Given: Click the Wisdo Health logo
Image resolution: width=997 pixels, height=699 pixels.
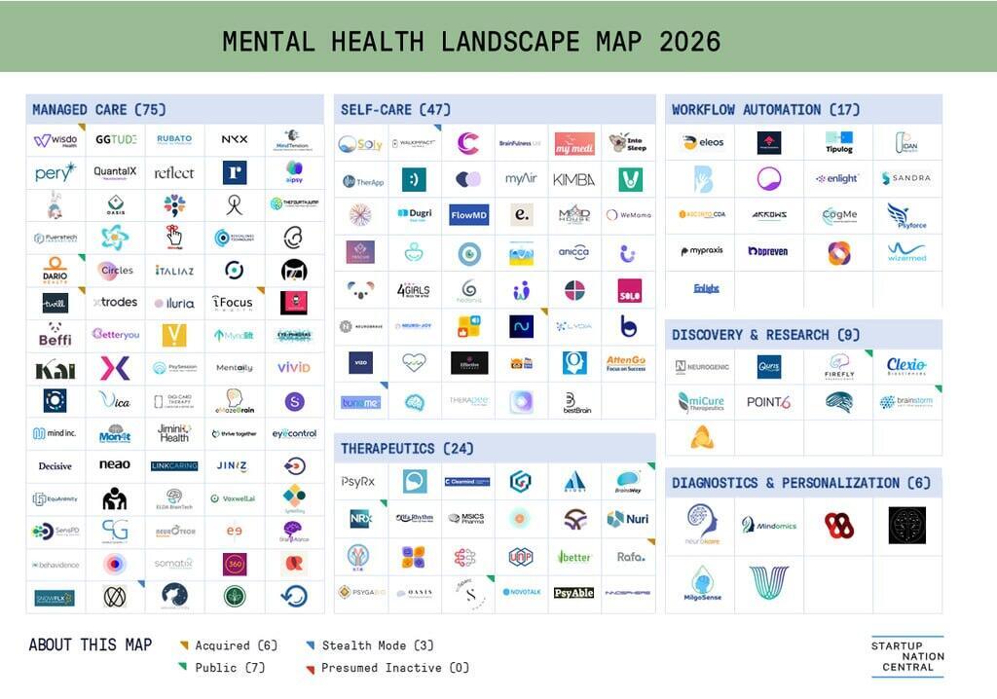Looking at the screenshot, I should click(55, 140).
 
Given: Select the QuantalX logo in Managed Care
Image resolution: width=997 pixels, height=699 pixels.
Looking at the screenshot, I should click(115, 172).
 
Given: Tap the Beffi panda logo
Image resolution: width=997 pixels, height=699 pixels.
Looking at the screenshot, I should click(55, 334).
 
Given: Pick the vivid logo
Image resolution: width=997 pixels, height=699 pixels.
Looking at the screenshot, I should click(293, 367).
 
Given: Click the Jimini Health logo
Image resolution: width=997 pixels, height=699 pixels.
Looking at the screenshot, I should click(174, 432).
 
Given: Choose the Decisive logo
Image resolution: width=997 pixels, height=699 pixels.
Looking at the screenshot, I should click(55, 466).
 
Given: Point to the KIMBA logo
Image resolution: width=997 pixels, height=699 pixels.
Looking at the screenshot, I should click(573, 179).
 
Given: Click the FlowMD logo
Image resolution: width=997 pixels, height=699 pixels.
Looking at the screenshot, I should click(468, 214).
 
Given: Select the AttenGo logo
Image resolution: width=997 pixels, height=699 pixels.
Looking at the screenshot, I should click(626, 363).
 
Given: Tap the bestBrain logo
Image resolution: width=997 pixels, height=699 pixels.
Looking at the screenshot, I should click(575, 401).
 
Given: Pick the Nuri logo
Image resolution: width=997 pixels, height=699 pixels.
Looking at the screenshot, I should click(628, 519).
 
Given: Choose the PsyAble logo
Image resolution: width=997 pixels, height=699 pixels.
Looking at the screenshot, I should click(573, 592).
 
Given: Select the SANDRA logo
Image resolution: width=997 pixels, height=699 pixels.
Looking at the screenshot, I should click(905, 178).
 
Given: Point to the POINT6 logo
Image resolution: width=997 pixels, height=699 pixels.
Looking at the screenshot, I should click(768, 402).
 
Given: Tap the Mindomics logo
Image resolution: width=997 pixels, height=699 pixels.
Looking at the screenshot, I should click(769, 526).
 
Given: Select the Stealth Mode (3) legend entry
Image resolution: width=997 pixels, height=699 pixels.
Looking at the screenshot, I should click(371, 645).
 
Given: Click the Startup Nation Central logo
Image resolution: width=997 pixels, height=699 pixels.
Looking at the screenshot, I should click(907, 657).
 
